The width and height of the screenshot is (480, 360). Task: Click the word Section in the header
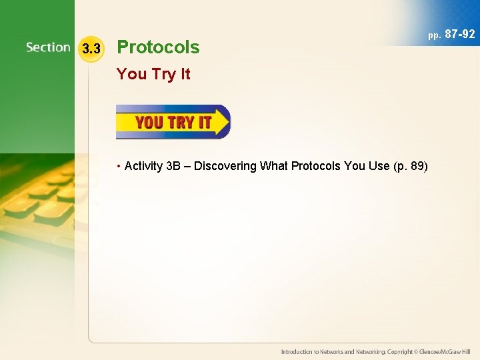point(48,47)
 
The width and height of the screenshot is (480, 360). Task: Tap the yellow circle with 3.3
point(90,49)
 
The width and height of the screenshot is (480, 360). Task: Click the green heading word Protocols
point(158,47)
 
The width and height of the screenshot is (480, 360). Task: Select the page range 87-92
point(459,33)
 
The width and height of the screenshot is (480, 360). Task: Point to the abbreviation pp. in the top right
point(435,35)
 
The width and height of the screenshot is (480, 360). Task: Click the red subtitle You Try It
point(153,74)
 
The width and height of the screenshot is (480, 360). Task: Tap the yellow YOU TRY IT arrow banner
point(173,122)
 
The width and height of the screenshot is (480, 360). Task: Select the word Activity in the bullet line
point(144,166)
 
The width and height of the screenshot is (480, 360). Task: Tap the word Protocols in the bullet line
point(315,166)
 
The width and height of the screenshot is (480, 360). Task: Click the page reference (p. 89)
point(411,166)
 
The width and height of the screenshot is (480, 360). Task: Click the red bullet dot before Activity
point(119,166)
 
